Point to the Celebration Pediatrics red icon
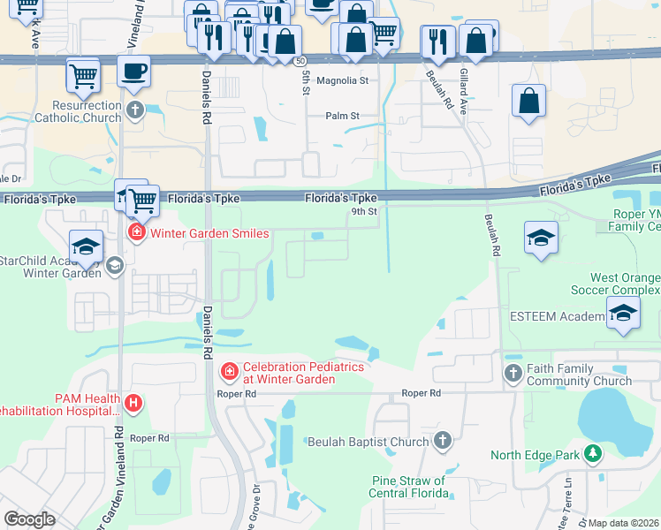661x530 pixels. (x=230, y=372)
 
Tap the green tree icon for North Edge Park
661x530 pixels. (x=592, y=455)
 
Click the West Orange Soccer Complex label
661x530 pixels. (x=624, y=284)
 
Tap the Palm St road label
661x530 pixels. (x=343, y=116)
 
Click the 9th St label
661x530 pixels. (x=364, y=211)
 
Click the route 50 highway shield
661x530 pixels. (x=301, y=61)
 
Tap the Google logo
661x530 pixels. (x=29, y=519)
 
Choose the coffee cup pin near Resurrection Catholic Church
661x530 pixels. (x=134, y=71)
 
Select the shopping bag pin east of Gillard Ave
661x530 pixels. (x=528, y=101)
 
